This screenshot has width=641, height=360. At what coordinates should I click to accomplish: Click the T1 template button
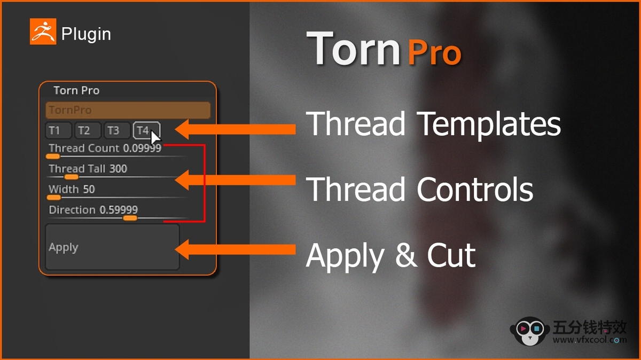58,130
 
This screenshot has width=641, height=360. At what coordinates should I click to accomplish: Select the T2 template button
88,130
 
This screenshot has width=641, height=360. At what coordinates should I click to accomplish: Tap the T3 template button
117,130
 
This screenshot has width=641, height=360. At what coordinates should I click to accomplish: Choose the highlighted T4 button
146,130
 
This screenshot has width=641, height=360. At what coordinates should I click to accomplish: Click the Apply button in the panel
113,247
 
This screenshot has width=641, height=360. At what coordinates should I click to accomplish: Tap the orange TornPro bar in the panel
128,110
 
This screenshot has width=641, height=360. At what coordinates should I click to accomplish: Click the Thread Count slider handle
53,156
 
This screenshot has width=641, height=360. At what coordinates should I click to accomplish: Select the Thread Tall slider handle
71,177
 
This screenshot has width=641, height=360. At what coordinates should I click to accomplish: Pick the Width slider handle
54,198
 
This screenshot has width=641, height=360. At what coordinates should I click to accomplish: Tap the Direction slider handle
130,218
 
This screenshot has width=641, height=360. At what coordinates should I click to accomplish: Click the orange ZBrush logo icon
43,32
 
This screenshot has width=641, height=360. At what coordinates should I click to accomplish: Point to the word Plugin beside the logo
86,34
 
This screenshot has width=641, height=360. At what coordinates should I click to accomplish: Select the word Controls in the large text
475,189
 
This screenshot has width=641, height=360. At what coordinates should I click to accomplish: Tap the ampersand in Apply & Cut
406,254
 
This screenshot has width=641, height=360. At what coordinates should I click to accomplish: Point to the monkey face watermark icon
530,331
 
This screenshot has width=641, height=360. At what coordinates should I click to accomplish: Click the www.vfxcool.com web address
590,340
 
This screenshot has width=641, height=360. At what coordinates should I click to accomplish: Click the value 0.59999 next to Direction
119,210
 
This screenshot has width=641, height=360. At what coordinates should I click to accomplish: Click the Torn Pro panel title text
76,90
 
